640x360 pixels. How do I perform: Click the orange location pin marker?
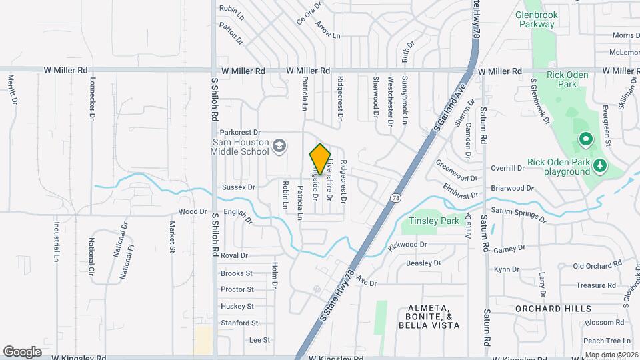pos(320,159)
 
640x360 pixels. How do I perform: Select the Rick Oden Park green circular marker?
pos(585,140)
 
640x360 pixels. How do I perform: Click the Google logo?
pos(22,351)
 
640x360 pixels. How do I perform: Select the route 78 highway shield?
pos(396,198)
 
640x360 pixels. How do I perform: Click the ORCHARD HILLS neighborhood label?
pos(553,309)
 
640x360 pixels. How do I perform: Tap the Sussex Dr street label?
pos(239,187)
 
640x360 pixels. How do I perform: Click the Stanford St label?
pos(239,323)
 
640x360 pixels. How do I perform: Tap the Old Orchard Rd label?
pos(597,266)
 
